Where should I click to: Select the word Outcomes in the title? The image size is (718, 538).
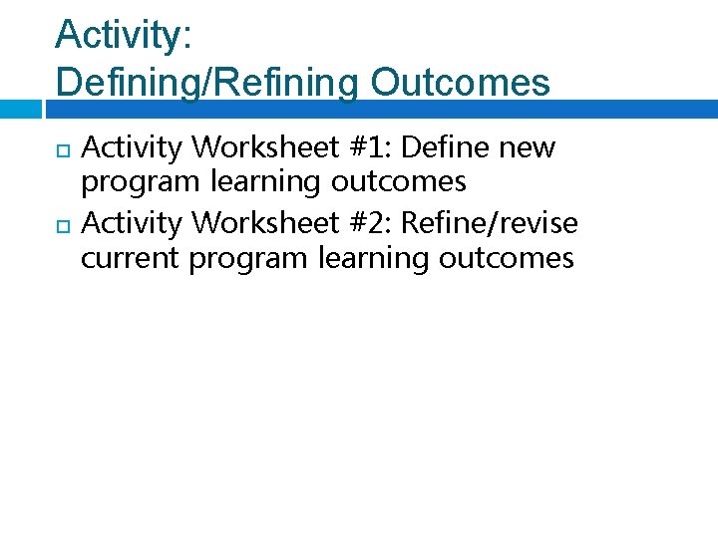460,83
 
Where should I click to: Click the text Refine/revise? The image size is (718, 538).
489,224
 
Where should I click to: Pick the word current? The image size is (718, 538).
131,259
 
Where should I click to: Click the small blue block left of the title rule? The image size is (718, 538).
20,109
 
